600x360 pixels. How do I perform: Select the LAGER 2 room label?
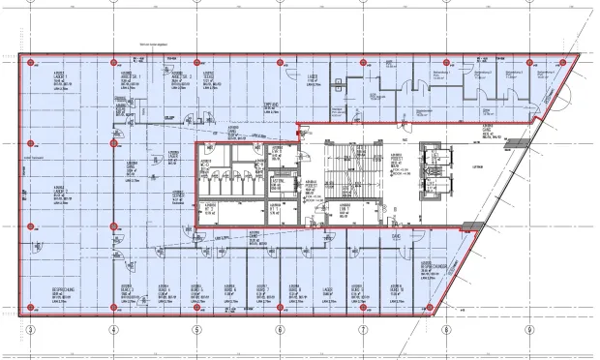(x=60, y=191)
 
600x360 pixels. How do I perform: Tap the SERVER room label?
(x=177, y=195)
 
